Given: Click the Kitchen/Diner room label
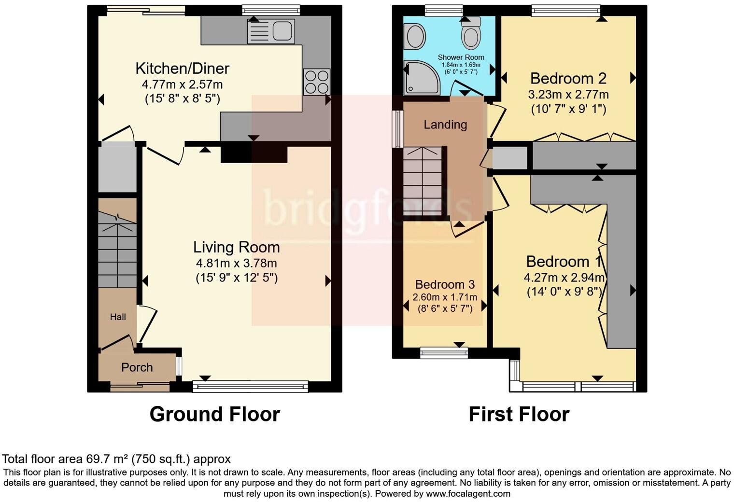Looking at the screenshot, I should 182,69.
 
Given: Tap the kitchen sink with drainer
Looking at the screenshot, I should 270,31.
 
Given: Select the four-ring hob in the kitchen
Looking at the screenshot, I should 316,82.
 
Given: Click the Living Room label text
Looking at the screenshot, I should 236,247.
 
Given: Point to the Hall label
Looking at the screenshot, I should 118,317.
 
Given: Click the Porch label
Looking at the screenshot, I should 137,367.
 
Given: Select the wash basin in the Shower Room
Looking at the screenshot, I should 414,37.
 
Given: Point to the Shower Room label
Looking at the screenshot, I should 461,57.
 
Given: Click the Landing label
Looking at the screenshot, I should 445,125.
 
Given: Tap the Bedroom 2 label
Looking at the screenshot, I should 568,78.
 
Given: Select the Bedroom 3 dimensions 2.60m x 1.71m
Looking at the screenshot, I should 444,297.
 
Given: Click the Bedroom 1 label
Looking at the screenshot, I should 564,262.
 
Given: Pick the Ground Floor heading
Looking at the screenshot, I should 214,414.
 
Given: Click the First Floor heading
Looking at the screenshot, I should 519,414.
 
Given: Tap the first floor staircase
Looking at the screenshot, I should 423,181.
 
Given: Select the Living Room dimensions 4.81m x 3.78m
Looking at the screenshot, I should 236,264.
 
